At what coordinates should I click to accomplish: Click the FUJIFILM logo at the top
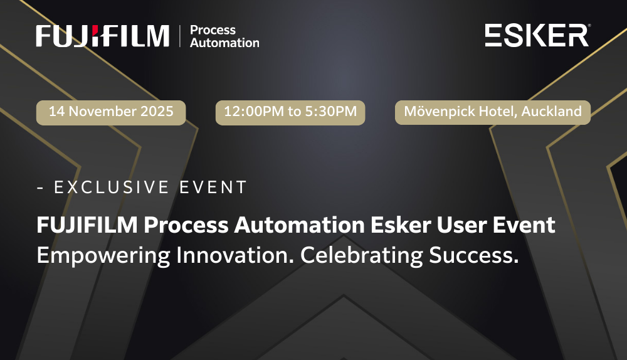click(102, 36)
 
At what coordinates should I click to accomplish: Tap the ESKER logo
click(537, 35)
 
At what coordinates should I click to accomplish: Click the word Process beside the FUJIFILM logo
click(213, 30)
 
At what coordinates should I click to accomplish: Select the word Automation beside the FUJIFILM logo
click(224, 43)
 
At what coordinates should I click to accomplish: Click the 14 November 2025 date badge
click(111, 112)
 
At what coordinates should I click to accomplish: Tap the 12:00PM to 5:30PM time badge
click(290, 112)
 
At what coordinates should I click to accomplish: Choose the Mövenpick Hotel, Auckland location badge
click(493, 112)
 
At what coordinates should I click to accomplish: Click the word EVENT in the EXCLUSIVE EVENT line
click(213, 187)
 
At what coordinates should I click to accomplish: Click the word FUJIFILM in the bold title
click(87, 225)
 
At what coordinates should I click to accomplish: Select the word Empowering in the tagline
click(103, 256)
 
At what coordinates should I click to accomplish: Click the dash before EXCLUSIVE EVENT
click(40, 187)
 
